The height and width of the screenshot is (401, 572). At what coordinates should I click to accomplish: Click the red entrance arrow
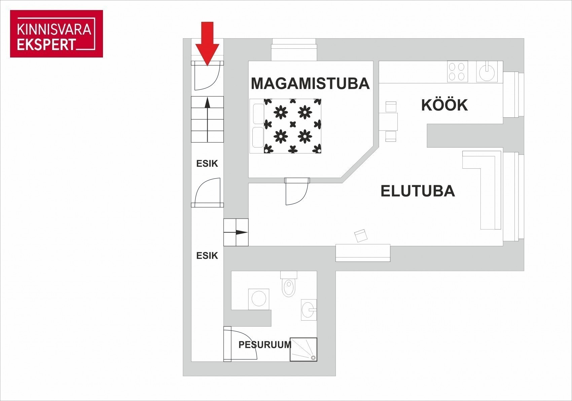tap(207, 43)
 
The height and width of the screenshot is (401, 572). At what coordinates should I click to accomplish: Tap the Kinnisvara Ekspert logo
tap(57, 34)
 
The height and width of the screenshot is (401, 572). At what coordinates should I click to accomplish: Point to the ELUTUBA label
tap(418, 191)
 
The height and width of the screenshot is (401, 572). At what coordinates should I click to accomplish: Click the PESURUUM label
tap(265, 345)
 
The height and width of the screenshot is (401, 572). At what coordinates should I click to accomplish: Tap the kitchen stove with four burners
tap(457, 71)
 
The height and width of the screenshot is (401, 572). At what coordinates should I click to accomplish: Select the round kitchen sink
tap(487, 72)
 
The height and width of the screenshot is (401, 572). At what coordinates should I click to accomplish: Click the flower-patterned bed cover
tap(293, 126)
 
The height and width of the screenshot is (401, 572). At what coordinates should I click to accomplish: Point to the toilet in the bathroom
tap(289, 284)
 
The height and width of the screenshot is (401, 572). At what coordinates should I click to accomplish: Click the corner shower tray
tap(303, 350)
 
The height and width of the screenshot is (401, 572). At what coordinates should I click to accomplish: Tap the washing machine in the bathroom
tap(259, 299)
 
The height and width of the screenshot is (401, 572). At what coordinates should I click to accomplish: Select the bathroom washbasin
tap(309, 310)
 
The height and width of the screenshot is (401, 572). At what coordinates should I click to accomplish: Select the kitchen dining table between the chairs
tap(388, 122)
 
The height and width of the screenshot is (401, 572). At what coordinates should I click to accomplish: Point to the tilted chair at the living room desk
tap(361, 235)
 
